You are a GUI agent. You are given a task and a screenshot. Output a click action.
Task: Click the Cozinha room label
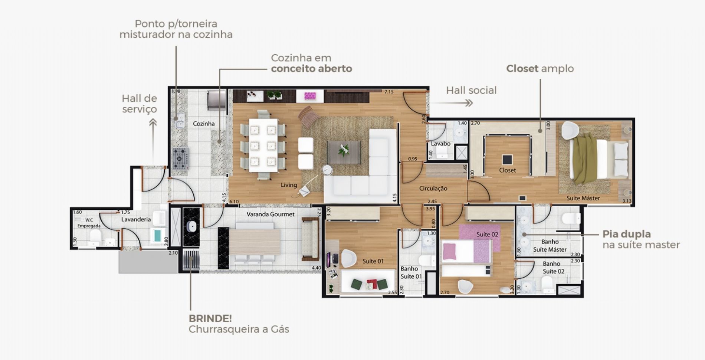(x=204, y=124)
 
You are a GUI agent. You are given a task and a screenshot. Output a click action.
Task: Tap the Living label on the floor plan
(x=289, y=185)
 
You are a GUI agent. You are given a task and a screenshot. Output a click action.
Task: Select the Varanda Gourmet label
(x=270, y=214)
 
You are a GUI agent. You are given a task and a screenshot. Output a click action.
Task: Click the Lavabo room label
(x=440, y=143)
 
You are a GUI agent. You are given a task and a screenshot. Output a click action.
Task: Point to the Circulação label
(x=433, y=188)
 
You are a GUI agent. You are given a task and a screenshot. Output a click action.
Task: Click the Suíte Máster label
(x=583, y=198)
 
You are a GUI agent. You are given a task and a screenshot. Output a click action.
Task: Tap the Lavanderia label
(x=136, y=219)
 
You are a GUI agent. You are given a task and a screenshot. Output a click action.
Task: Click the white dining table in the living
(x=263, y=145)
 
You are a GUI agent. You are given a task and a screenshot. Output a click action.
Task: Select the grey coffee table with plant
(x=344, y=152)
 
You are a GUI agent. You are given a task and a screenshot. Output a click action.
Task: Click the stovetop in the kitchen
(x=180, y=159)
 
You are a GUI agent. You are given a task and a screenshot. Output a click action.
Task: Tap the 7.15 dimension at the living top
(x=389, y=92)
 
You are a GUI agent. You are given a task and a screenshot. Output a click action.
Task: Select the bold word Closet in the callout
(x=522, y=69)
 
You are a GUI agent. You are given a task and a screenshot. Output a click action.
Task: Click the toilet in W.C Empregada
(x=95, y=236)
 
